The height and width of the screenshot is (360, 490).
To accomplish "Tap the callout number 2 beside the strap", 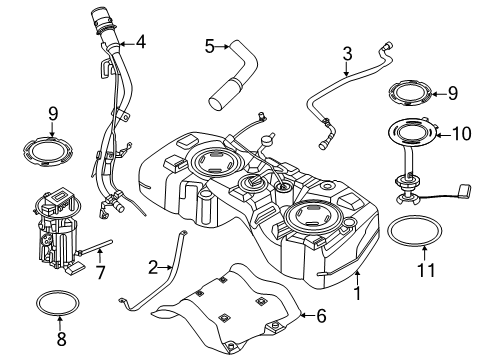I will pos(153,267).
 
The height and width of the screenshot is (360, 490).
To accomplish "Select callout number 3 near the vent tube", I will pos(347,53).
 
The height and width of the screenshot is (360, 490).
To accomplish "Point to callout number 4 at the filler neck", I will pos(141,42).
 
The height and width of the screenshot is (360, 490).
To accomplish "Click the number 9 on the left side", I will pos(52,114).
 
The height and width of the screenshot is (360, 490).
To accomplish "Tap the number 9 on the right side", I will pos(452,94).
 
